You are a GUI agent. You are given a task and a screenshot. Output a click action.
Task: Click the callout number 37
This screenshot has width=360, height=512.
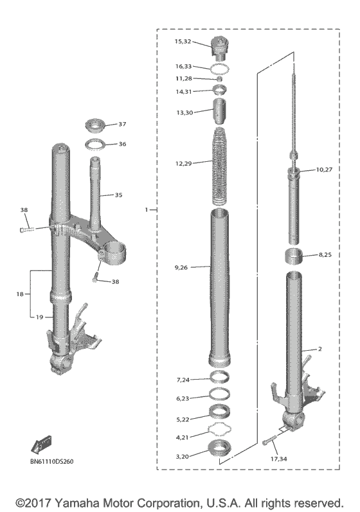[122, 124]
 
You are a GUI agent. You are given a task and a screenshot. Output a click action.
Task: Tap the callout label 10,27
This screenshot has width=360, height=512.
[326, 170]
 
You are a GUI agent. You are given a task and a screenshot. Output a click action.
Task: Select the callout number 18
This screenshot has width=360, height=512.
[21, 294]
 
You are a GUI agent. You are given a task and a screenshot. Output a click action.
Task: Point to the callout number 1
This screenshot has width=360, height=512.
[147, 209]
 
